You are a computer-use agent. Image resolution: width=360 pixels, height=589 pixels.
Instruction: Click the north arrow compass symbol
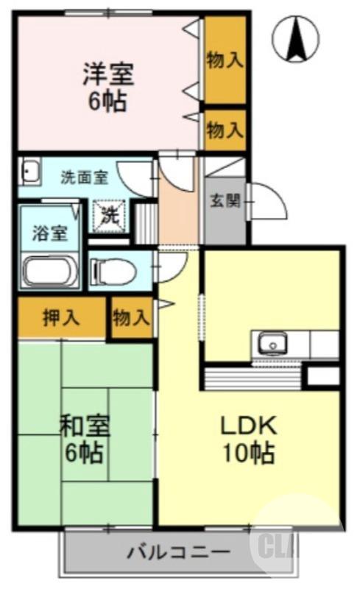coord(296,39)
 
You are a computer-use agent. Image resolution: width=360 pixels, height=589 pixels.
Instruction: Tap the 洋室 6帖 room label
coord(107,87)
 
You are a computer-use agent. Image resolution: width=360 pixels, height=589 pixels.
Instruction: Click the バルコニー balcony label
coord(178,552)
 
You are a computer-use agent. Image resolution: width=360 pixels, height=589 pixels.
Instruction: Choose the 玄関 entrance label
coord(225,201)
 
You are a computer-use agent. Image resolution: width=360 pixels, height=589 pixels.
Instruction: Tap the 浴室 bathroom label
coord(50,233)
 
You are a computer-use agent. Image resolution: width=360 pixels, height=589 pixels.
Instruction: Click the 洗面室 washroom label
coord(84,177)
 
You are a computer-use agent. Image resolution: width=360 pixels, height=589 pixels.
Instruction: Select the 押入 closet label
coord(61,318)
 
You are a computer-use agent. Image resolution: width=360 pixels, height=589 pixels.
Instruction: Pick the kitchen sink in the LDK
coord(272,344)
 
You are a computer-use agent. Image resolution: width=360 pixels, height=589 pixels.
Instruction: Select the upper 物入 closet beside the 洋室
coord(225,60)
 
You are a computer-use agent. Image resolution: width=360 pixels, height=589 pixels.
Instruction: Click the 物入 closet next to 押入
coord(131,318)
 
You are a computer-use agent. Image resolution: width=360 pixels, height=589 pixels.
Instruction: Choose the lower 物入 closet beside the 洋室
coord(225,130)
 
